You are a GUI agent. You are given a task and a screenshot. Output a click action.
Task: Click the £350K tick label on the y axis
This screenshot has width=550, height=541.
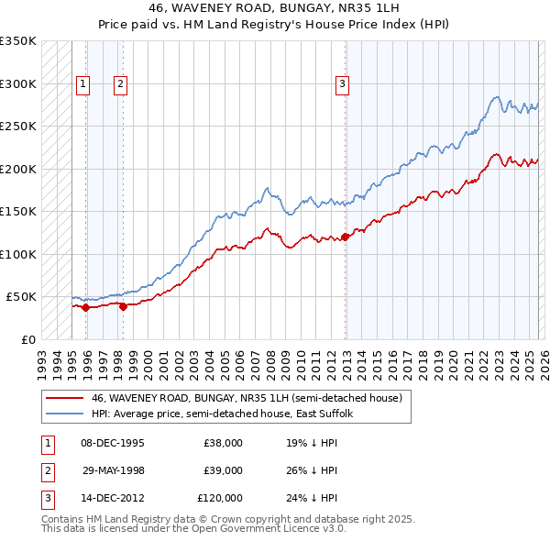click(18, 41)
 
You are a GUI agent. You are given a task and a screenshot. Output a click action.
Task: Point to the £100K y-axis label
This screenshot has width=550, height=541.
click(18, 254)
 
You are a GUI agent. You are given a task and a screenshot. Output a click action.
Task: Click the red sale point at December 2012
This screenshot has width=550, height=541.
click(345, 237)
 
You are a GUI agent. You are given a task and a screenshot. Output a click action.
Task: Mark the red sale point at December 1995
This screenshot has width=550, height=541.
click(86, 307)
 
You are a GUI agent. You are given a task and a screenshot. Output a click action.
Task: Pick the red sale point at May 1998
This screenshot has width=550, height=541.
click(123, 306)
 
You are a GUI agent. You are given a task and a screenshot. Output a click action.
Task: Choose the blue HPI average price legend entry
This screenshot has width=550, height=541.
click(228, 414)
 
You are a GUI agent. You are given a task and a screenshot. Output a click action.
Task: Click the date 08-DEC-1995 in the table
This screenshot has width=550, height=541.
click(113, 442)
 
